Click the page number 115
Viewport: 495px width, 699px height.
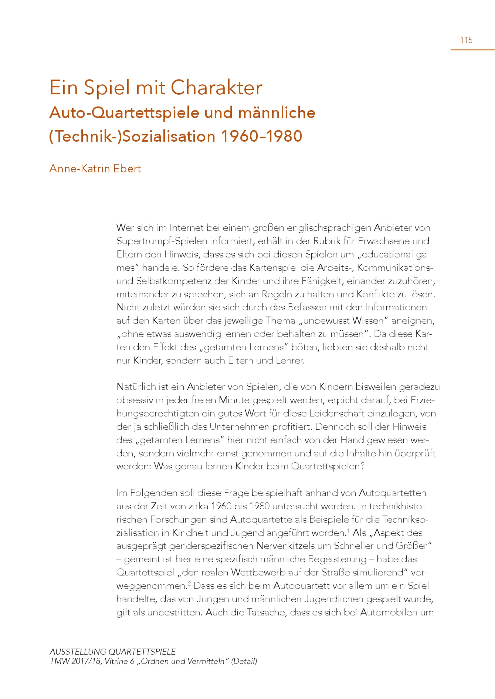tap(466, 40)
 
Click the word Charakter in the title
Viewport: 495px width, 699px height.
tap(216, 88)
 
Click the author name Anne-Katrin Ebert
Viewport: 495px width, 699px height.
tap(95, 169)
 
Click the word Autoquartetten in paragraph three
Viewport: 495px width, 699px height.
tap(393, 493)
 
